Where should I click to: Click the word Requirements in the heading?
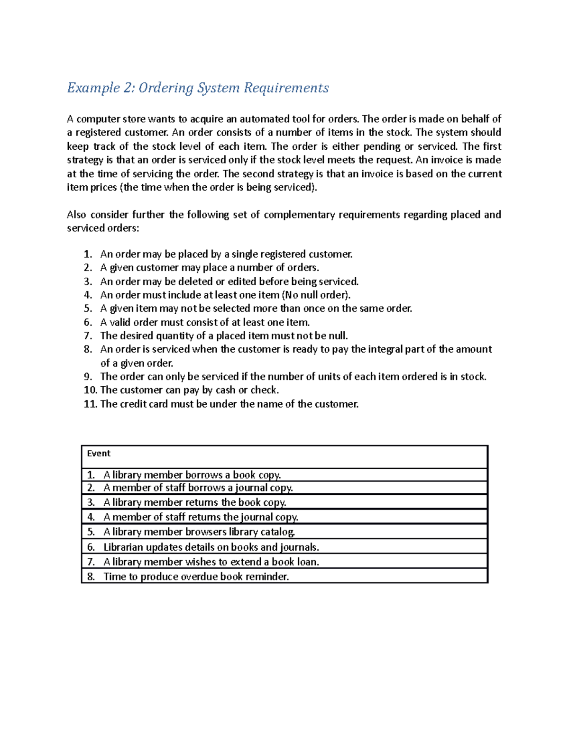(x=286, y=88)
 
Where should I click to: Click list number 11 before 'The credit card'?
(x=90, y=404)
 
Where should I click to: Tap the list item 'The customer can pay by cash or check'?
(x=190, y=390)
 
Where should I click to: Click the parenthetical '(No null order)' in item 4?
(x=316, y=295)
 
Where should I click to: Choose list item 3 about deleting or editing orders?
(x=229, y=282)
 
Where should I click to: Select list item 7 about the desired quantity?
(x=224, y=336)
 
